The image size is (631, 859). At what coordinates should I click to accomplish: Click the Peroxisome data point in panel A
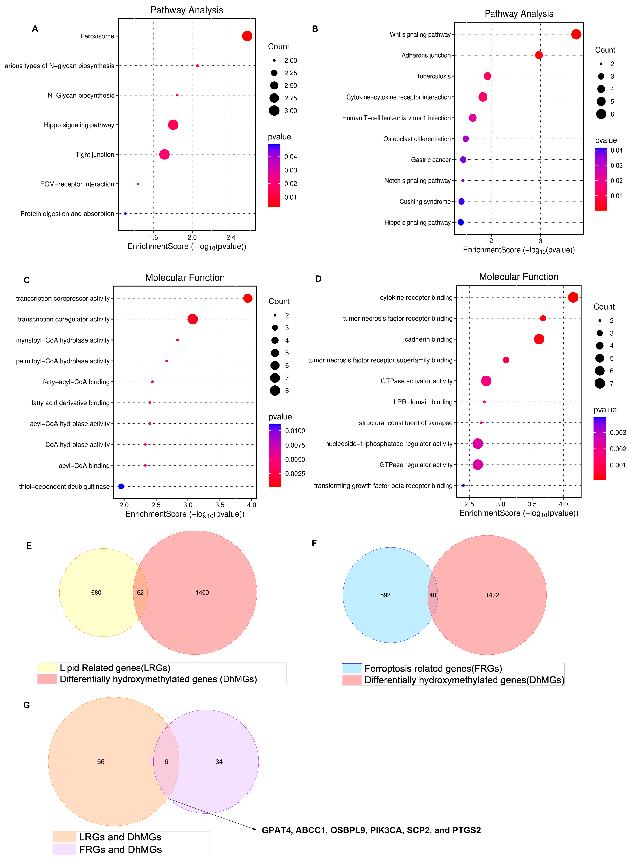pyautogui.click(x=247, y=36)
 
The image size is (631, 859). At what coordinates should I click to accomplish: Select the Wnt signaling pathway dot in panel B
pyautogui.click(x=576, y=34)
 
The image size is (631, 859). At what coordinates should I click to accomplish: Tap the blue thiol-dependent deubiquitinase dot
pyautogui.click(x=121, y=486)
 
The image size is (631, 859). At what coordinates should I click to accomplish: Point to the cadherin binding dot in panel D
pyautogui.click(x=539, y=339)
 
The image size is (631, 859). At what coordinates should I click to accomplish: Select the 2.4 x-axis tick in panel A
pyautogui.click(x=231, y=237)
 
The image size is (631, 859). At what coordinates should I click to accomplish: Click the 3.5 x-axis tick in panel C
pyautogui.click(x=220, y=505)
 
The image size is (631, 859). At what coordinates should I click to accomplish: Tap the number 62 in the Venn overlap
pyautogui.click(x=140, y=592)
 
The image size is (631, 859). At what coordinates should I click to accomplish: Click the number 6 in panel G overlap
pyautogui.click(x=166, y=762)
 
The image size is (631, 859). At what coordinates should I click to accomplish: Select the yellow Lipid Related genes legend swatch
pyautogui.click(x=47, y=668)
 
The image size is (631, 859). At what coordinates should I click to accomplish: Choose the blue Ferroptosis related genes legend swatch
pyautogui.click(x=352, y=668)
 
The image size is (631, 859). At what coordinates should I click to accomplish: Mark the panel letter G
pyautogui.click(x=26, y=705)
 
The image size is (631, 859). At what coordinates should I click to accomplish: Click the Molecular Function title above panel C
pyautogui.click(x=185, y=278)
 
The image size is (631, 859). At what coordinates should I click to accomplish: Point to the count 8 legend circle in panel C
pyautogui.click(x=275, y=390)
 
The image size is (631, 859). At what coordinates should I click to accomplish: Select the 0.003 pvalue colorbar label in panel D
pyautogui.click(x=618, y=432)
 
